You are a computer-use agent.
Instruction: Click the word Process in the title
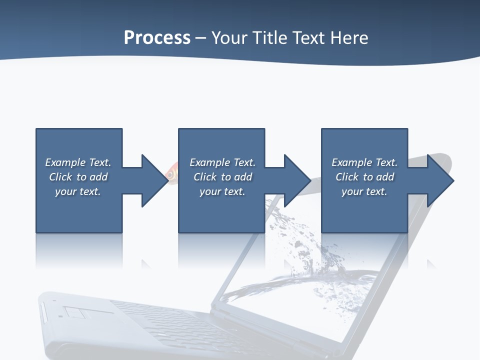click(x=157, y=38)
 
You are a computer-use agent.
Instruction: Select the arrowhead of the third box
click(x=439, y=180)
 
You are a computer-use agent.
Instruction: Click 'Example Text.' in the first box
click(x=78, y=162)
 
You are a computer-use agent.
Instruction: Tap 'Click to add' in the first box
click(x=78, y=177)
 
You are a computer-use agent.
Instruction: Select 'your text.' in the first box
click(x=78, y=191)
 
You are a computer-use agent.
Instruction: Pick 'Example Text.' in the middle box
click(x=222, y=162)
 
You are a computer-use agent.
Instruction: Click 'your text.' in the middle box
click(x=222, y=191)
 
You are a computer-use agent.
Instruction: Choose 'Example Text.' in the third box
click(x=364, y=162)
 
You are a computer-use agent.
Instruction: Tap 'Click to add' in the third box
click(x=364, y=177)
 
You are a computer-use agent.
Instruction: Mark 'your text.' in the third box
click(x=364, y=191)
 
